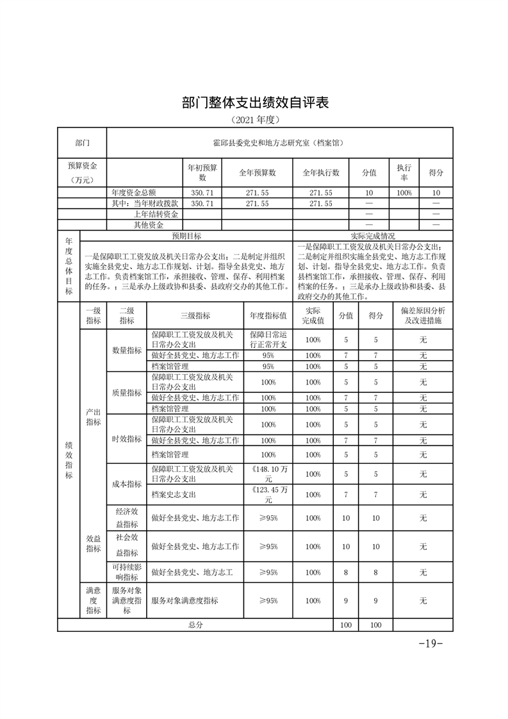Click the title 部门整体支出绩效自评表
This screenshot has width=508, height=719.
pos(254,103)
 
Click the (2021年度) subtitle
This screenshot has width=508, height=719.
pos(255,120)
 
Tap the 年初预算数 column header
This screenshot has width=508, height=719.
pos(202,172)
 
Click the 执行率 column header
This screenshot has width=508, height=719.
pos(404,172)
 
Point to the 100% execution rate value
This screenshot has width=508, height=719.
pos(404,192)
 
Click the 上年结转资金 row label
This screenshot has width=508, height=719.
pos(156,214)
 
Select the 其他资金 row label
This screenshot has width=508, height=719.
pos(148,225)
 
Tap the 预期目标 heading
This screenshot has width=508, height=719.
pos(186,236)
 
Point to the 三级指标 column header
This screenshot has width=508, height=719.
pos(195,315)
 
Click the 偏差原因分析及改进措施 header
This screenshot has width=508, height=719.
pos(423,315)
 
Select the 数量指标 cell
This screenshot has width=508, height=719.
pos(127,351)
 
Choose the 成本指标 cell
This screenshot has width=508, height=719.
pos(127,484)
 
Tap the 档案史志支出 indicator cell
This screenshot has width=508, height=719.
pos(174,495)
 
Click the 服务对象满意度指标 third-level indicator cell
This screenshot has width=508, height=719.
pos(184,600)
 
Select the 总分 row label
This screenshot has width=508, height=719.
pos(195,624)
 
